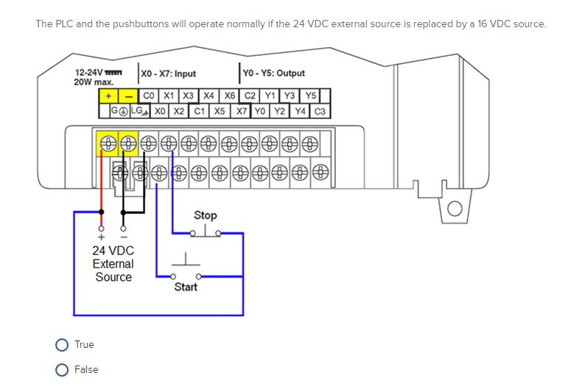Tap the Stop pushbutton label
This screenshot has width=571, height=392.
coord(205,215)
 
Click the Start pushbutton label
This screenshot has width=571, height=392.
coord(186,287)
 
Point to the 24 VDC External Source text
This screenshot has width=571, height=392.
coord(113,264)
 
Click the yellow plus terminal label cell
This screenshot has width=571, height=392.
coord(108,96)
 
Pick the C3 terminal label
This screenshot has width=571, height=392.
coord(320,112)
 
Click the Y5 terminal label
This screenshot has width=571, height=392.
coord(310,96)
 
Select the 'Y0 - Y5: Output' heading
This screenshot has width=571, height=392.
coord(273,74)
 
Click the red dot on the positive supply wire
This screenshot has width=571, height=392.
coord(102,211)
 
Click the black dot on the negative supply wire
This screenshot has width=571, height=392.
coord(123,211)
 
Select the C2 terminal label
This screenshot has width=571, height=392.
coord(251,96)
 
